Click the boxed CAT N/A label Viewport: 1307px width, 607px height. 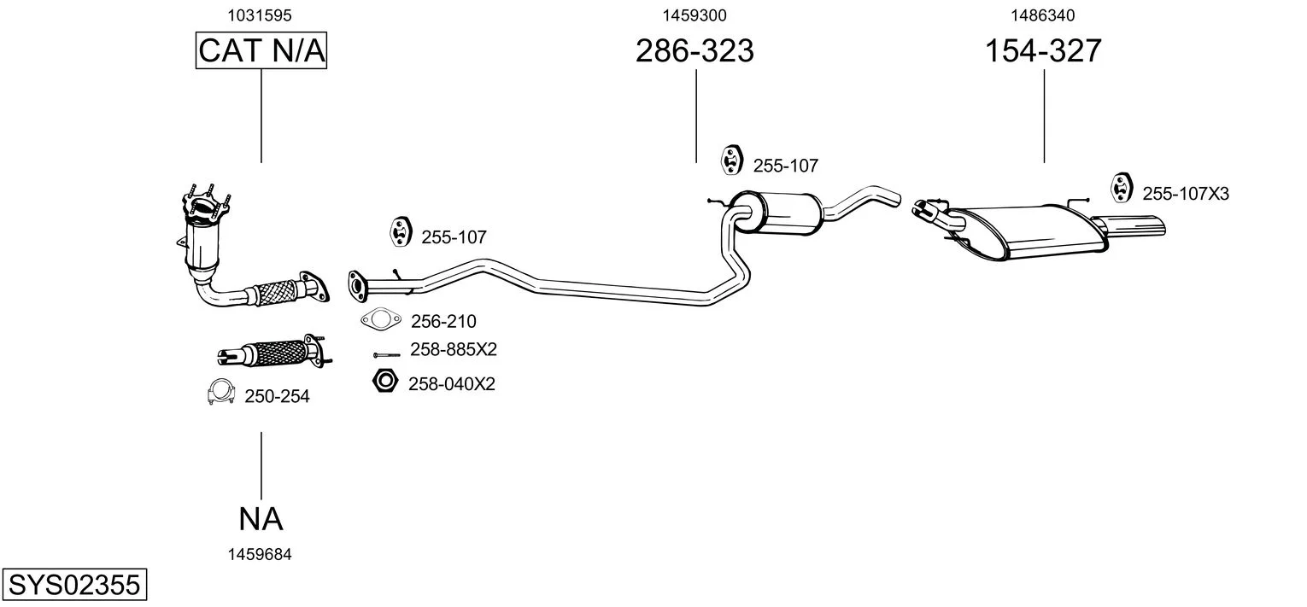261,50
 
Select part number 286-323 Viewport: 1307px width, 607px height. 695,50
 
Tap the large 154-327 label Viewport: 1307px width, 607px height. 1043,50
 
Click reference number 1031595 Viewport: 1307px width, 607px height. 260,15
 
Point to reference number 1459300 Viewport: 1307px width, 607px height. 695,15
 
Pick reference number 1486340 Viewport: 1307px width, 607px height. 1043,15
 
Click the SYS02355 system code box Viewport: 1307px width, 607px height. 74,584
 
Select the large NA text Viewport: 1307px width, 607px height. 261,519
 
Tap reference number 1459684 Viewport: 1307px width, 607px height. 260,554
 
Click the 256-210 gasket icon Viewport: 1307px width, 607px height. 381,319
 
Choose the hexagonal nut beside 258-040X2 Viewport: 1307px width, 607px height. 385,381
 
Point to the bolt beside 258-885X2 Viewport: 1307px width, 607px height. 387,354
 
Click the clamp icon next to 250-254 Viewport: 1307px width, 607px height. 221,393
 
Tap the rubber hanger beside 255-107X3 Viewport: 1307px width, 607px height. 1121,188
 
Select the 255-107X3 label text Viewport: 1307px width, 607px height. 1186,194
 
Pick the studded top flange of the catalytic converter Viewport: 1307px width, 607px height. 206,204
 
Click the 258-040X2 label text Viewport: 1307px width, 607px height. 452,384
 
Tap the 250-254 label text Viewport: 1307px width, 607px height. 277,396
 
